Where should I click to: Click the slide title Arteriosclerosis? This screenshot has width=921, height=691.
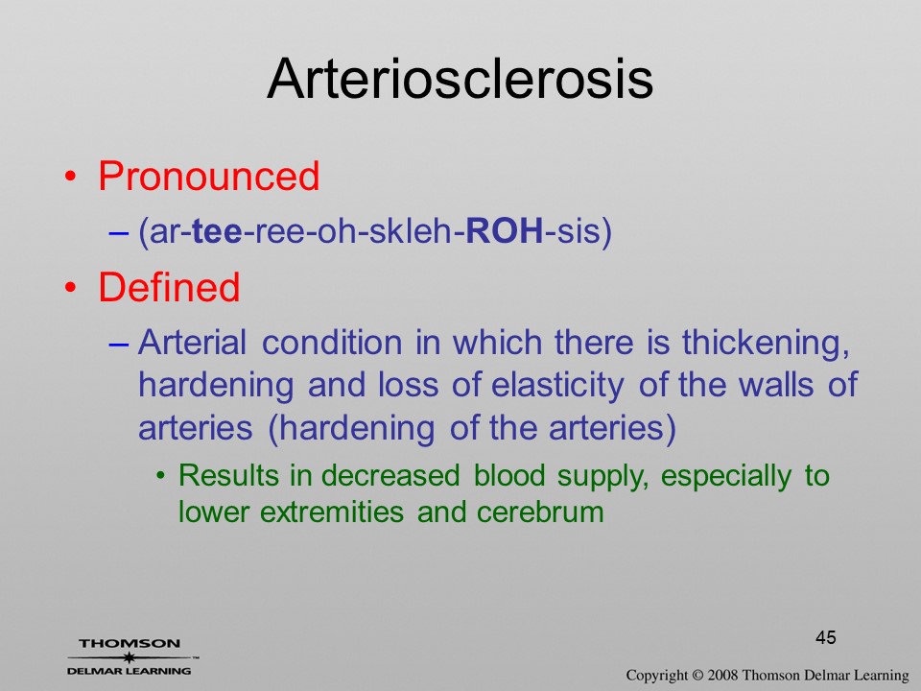click(x=460, y=79)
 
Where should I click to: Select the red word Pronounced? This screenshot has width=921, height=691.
click(x=208, y=176)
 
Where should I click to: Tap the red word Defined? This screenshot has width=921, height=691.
click(x=169, y=287)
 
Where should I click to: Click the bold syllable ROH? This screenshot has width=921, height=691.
click(x=505, y=231)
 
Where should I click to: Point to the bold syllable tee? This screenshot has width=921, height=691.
click(x=217, y=231)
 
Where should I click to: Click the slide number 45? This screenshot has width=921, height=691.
click(x=826, y=637)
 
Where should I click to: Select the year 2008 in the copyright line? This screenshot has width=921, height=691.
click(x=722, y=675)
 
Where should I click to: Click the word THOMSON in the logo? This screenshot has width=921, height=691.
click(x=130, y=643)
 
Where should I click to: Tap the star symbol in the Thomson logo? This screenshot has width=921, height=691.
click(x=130, y=657)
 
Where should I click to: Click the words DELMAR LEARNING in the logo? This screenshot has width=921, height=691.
click(x=130, y=671)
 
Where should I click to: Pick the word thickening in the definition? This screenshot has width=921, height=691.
click(x=766, y=343)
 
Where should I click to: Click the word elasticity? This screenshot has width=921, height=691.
click(x=557, y=386)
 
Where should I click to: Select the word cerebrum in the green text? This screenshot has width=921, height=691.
click(x=540, y=512)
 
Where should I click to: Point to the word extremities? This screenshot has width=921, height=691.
click(x=331, y=512)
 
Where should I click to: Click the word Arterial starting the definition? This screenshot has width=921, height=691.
click(x=192, y=343)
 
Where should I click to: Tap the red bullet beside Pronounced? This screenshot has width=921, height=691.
click(x=70, y=177)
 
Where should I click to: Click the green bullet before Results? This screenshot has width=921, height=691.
click(x=160, y=475)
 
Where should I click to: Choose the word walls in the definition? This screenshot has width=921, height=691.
click(x=775, y=386)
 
